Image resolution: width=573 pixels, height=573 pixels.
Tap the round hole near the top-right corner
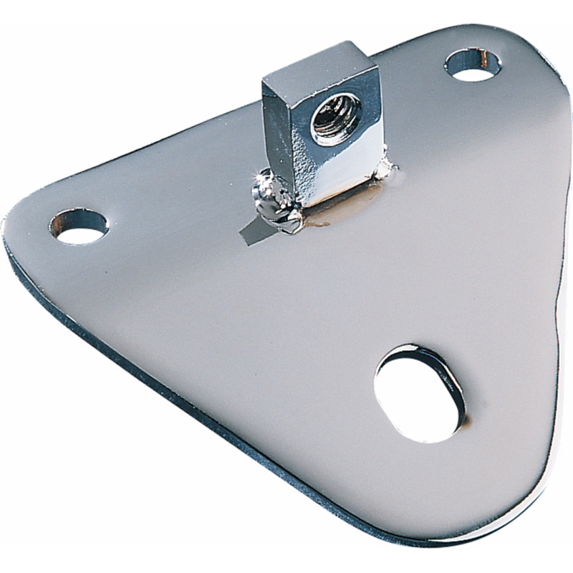pyautogui.click(x=473, y=64)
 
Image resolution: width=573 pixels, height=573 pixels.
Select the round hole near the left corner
pyautogui.click(x=80, y=226)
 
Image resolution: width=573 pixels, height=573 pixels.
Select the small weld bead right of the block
pyautogui.click(x=387, y=170)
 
